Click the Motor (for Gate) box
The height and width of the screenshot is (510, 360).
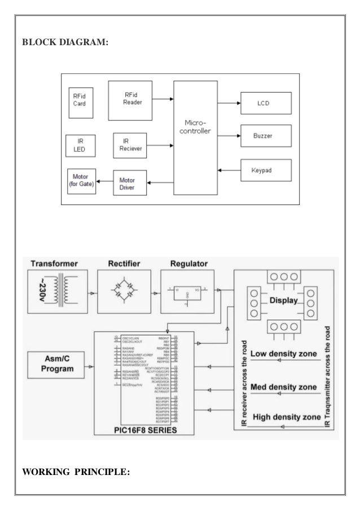coord(81,181)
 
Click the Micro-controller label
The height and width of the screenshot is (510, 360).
coord(195,127)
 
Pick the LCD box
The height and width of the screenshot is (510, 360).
coord(264,103)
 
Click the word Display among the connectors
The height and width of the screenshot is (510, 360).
coord(283,301)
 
